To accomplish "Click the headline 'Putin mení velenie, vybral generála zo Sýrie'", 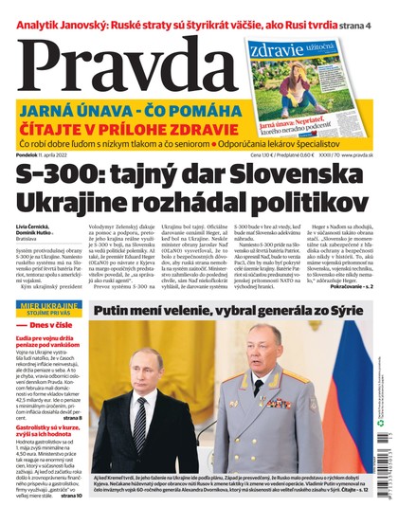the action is coord(231,307).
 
